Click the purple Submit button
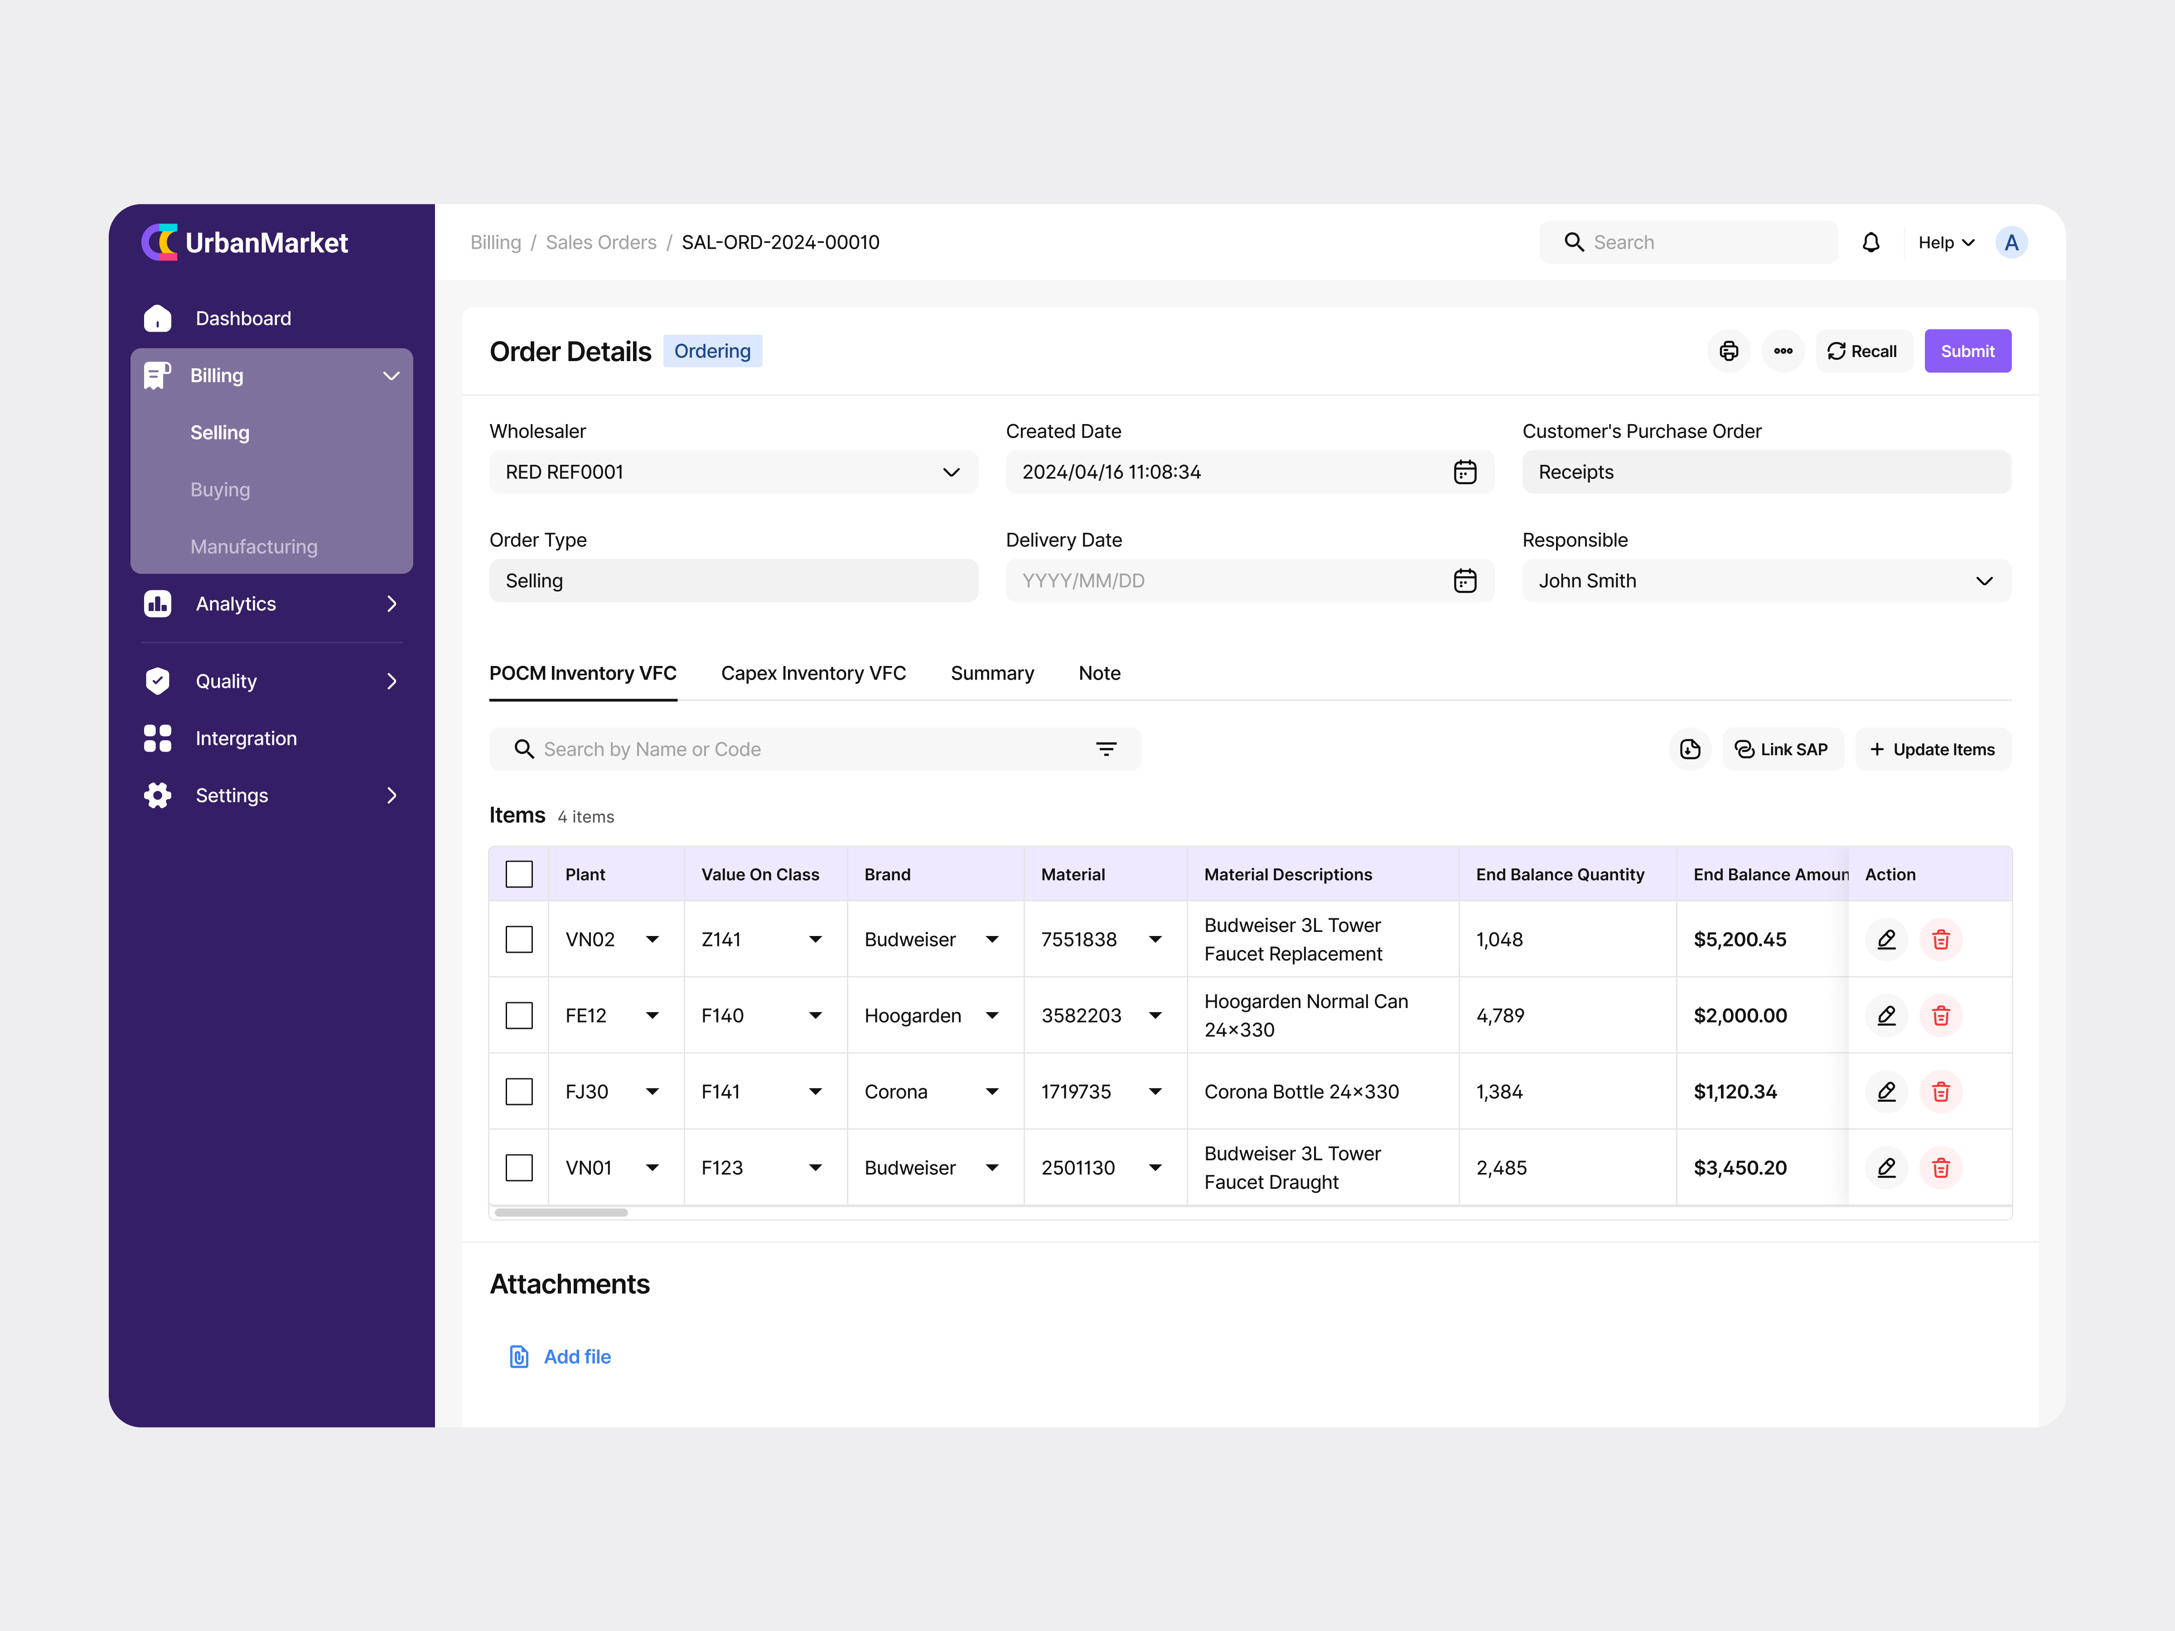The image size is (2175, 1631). [1967, 351]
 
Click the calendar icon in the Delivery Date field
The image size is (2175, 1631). [1464, 581]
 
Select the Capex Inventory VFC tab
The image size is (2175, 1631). [813, 673]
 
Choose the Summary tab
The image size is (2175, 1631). [991, 673]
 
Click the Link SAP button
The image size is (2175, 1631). [1782, 749]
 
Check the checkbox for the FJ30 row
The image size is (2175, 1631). [519, 1091]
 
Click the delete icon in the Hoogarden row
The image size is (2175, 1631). [1940, 1016]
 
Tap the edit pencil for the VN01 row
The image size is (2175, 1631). [1886, 1168]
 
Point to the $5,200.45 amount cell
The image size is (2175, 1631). [1740, 940]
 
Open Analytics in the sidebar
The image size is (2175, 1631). [236, 603]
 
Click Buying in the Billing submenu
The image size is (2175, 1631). [220, 490]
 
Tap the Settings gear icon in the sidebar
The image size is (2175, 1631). [157, 796]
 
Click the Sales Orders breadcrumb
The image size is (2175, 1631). [601, 243]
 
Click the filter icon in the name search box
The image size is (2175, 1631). [1106, 749]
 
